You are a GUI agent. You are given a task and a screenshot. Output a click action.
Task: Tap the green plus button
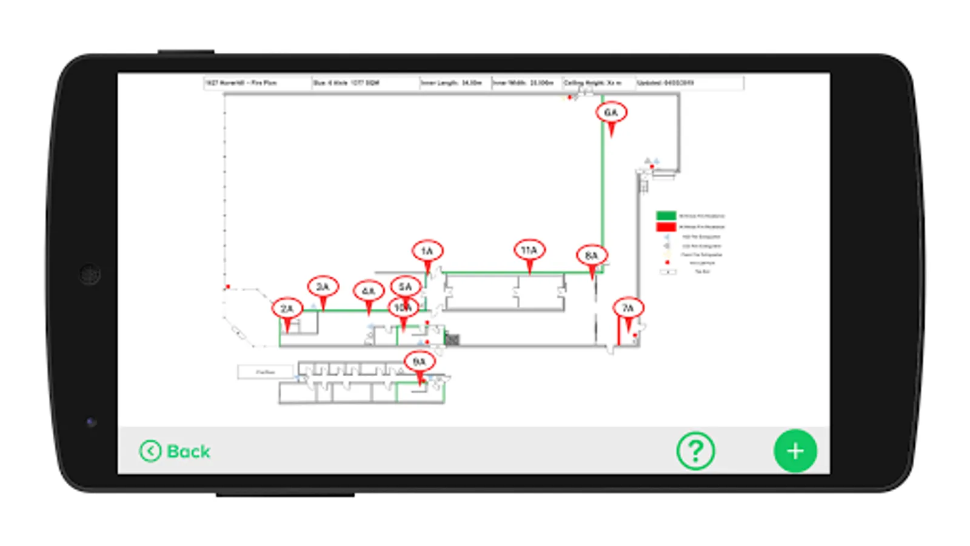[x=795, y=451]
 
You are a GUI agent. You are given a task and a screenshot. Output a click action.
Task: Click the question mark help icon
[x=695, y=451]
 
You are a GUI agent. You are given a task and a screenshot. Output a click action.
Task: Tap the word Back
[x=189, y=451]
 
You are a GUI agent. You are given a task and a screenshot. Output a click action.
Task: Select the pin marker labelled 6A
[x=611, y=113]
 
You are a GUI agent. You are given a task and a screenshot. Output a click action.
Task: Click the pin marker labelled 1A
[x=427, y=251]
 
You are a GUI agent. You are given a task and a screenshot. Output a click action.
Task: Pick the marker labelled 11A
[x=529, y=250]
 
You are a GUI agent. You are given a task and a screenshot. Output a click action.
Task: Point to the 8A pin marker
[x=592, y=256]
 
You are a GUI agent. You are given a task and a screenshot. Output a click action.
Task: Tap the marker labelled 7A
[x=628, y=308]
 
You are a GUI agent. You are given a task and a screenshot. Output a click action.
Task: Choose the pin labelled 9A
[x=420, y=362]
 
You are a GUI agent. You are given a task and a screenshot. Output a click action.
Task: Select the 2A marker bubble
[x=287, y=309]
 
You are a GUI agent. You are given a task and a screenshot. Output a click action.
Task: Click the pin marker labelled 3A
[x=323, y=287]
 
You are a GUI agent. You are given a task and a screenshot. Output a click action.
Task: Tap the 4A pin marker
[x=369, y=291]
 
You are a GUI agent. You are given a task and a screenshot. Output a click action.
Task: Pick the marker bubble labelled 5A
[x=406, y=286]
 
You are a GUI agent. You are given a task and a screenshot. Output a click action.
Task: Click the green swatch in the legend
[x=666, y=215]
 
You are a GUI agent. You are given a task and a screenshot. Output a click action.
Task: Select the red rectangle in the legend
[x=666, y=227]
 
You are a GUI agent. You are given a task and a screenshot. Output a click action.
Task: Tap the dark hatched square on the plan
[x=452, y=339]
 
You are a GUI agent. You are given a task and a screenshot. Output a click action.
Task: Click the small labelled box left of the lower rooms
[x=266, y=371]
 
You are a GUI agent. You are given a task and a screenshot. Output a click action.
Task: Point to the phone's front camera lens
[x=90, y=274]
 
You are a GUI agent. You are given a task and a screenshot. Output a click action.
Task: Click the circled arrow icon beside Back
[x=150, y=451]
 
